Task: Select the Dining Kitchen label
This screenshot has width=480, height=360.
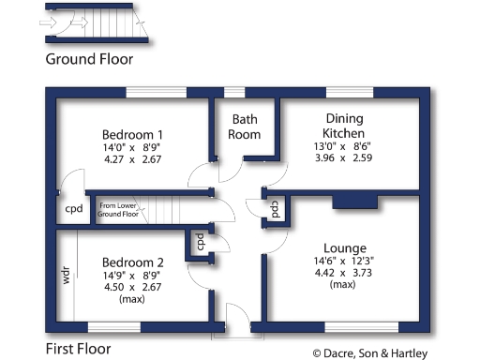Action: tap(344, 126)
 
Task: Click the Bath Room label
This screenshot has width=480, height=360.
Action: tap(245, 127)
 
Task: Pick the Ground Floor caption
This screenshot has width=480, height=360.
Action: tap(89, 58)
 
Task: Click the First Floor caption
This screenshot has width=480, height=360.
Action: tap(77, 349)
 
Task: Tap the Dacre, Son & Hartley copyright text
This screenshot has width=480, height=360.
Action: tap(370, 353)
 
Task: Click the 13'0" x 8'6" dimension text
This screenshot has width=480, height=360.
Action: tap(344, 146)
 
